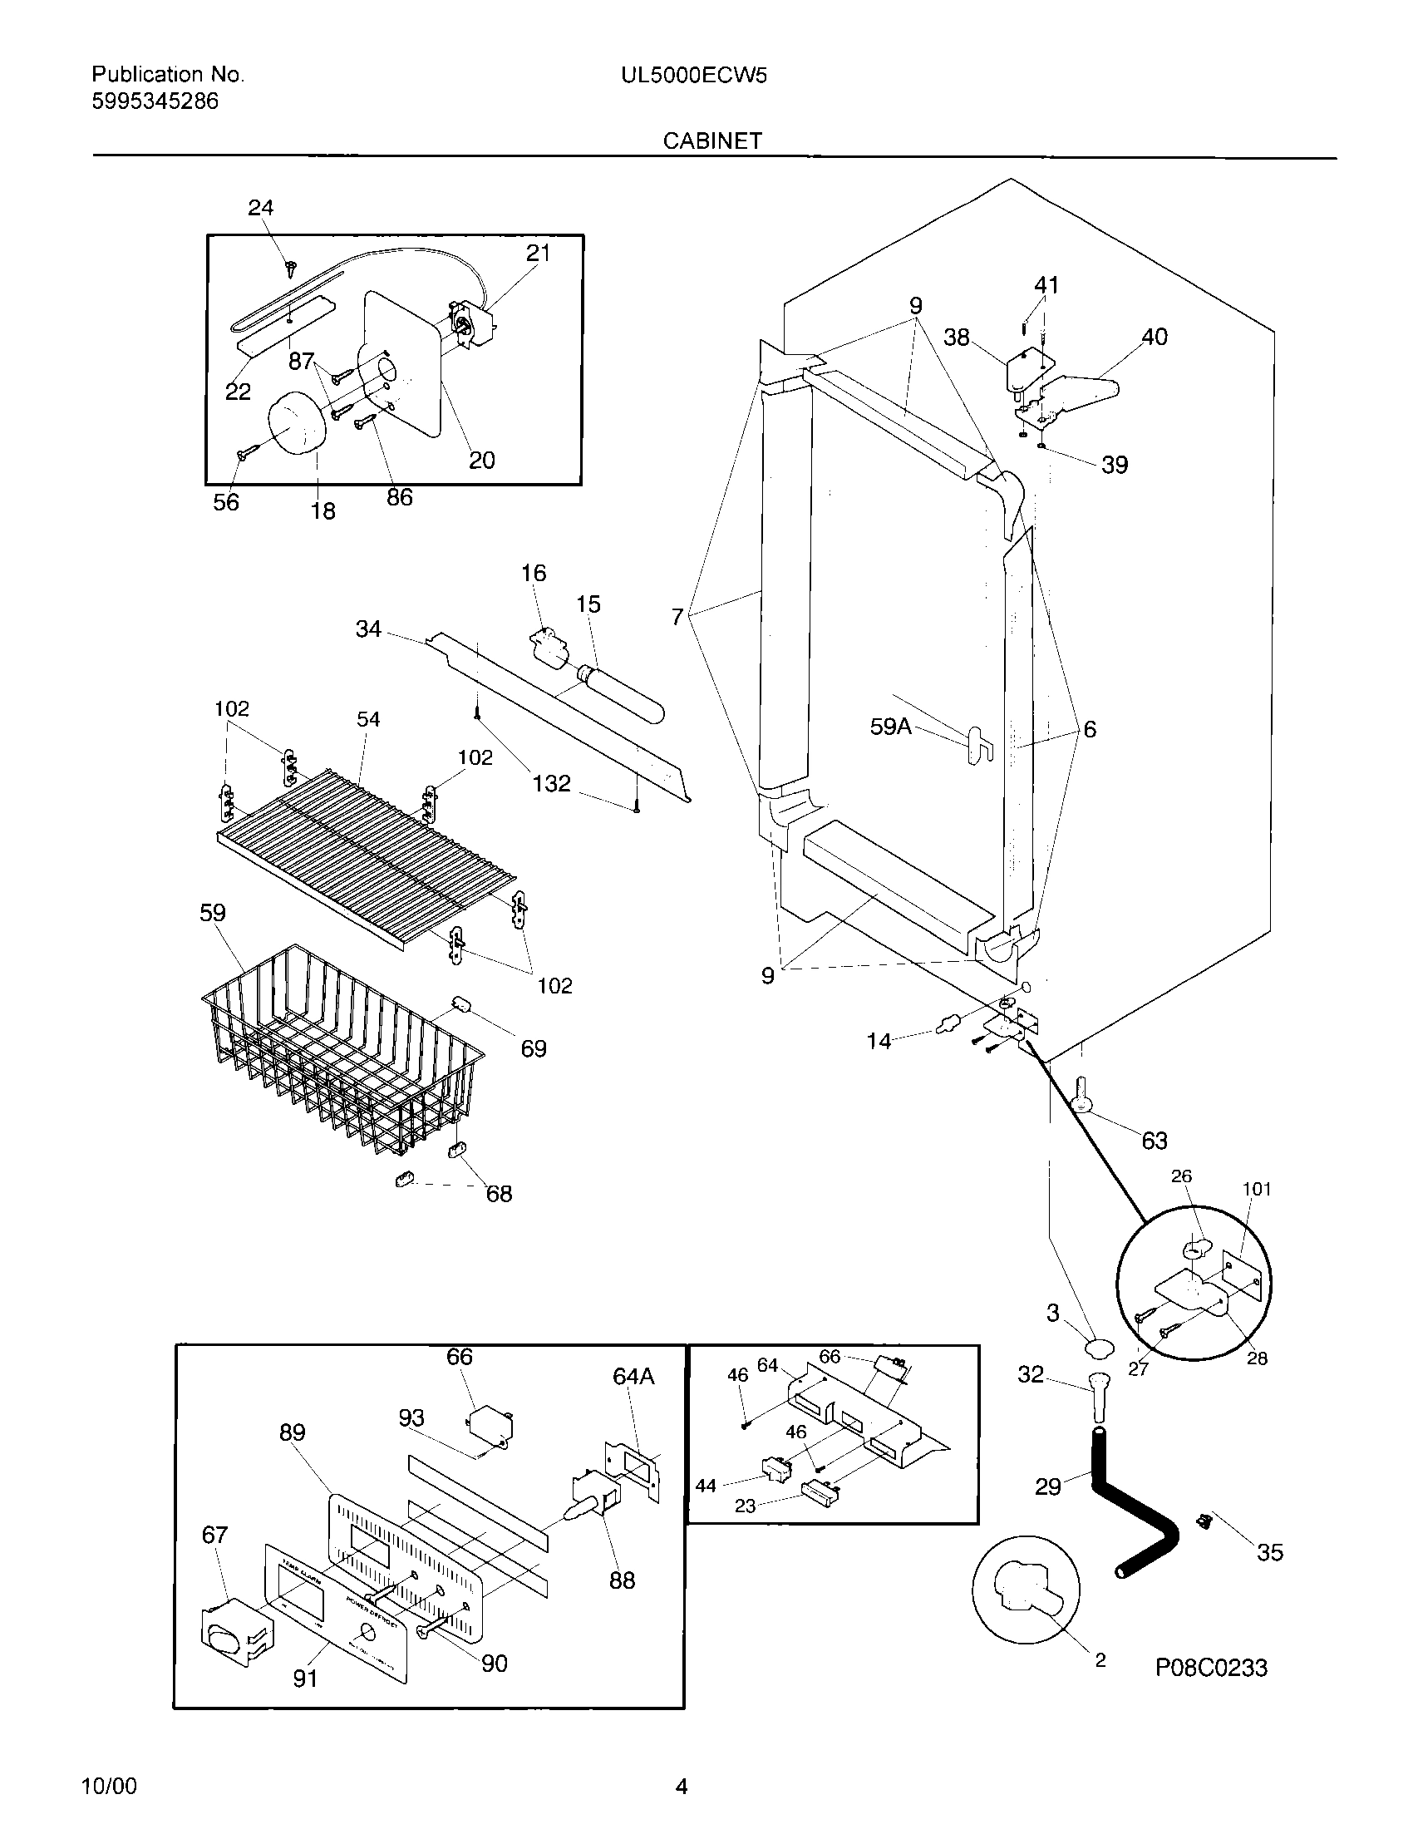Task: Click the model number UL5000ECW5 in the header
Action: pos(693,76)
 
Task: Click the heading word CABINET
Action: pos(712,141)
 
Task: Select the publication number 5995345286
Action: pos(155,101)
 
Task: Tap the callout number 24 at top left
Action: pos(260,207)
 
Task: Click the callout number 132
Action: pos(552,783)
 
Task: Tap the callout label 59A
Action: pos(891,726)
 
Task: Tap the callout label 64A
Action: pos(633,1376)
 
